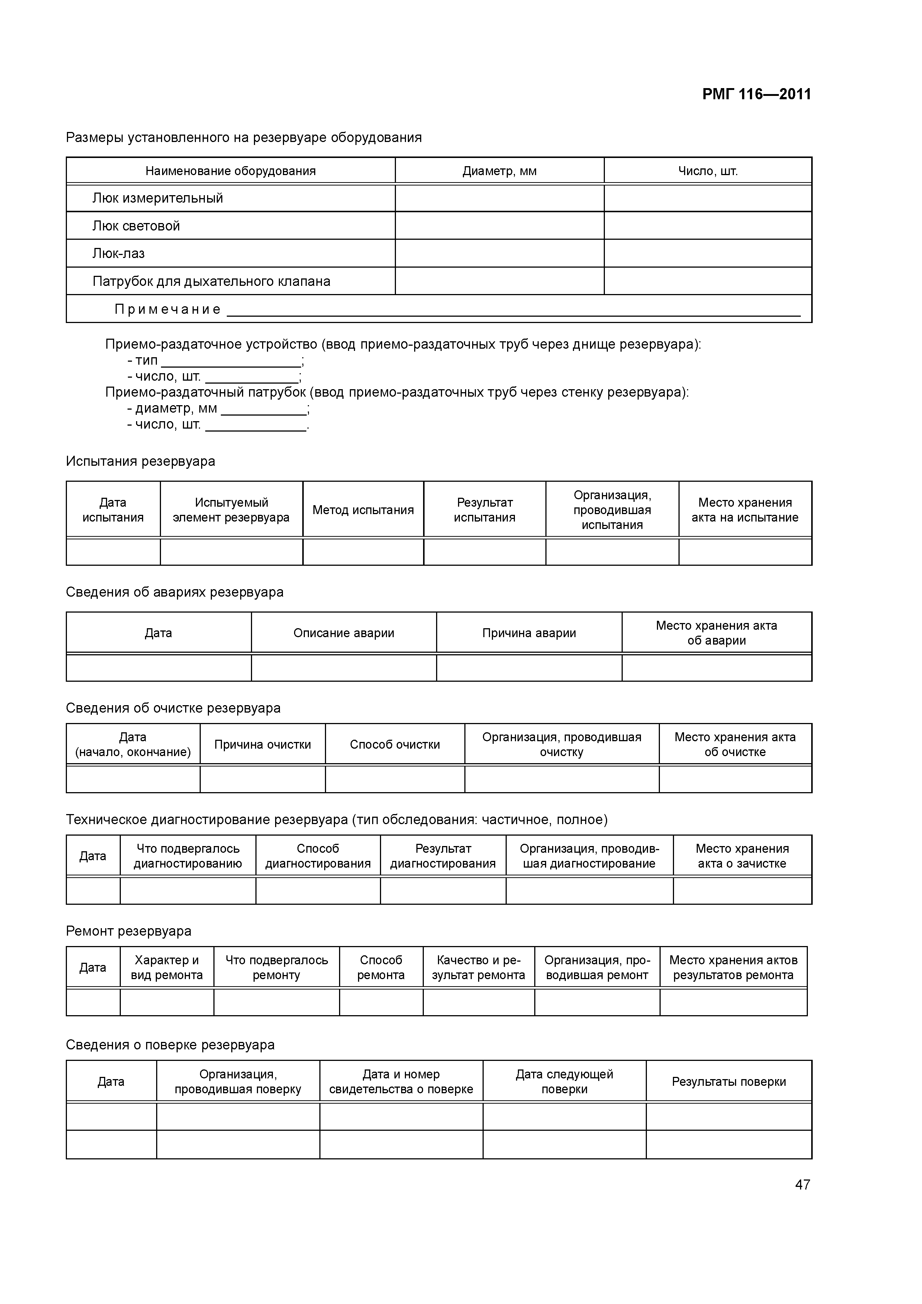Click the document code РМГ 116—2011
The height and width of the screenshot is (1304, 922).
756,94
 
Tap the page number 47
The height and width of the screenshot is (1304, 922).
802,1184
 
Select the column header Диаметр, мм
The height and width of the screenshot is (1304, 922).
499,171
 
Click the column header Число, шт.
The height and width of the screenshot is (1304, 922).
708,171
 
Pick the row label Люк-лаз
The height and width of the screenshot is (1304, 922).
118,253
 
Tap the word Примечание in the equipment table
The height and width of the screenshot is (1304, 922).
168,310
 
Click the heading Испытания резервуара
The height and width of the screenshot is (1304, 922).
140,461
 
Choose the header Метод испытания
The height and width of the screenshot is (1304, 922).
363,510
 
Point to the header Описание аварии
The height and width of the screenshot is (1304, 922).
344,633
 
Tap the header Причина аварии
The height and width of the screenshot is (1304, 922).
529,633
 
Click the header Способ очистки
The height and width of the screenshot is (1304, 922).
395,745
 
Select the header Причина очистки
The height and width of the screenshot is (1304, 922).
262,745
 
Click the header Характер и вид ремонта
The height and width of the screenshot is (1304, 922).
167,967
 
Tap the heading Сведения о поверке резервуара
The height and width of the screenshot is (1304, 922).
170,1045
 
